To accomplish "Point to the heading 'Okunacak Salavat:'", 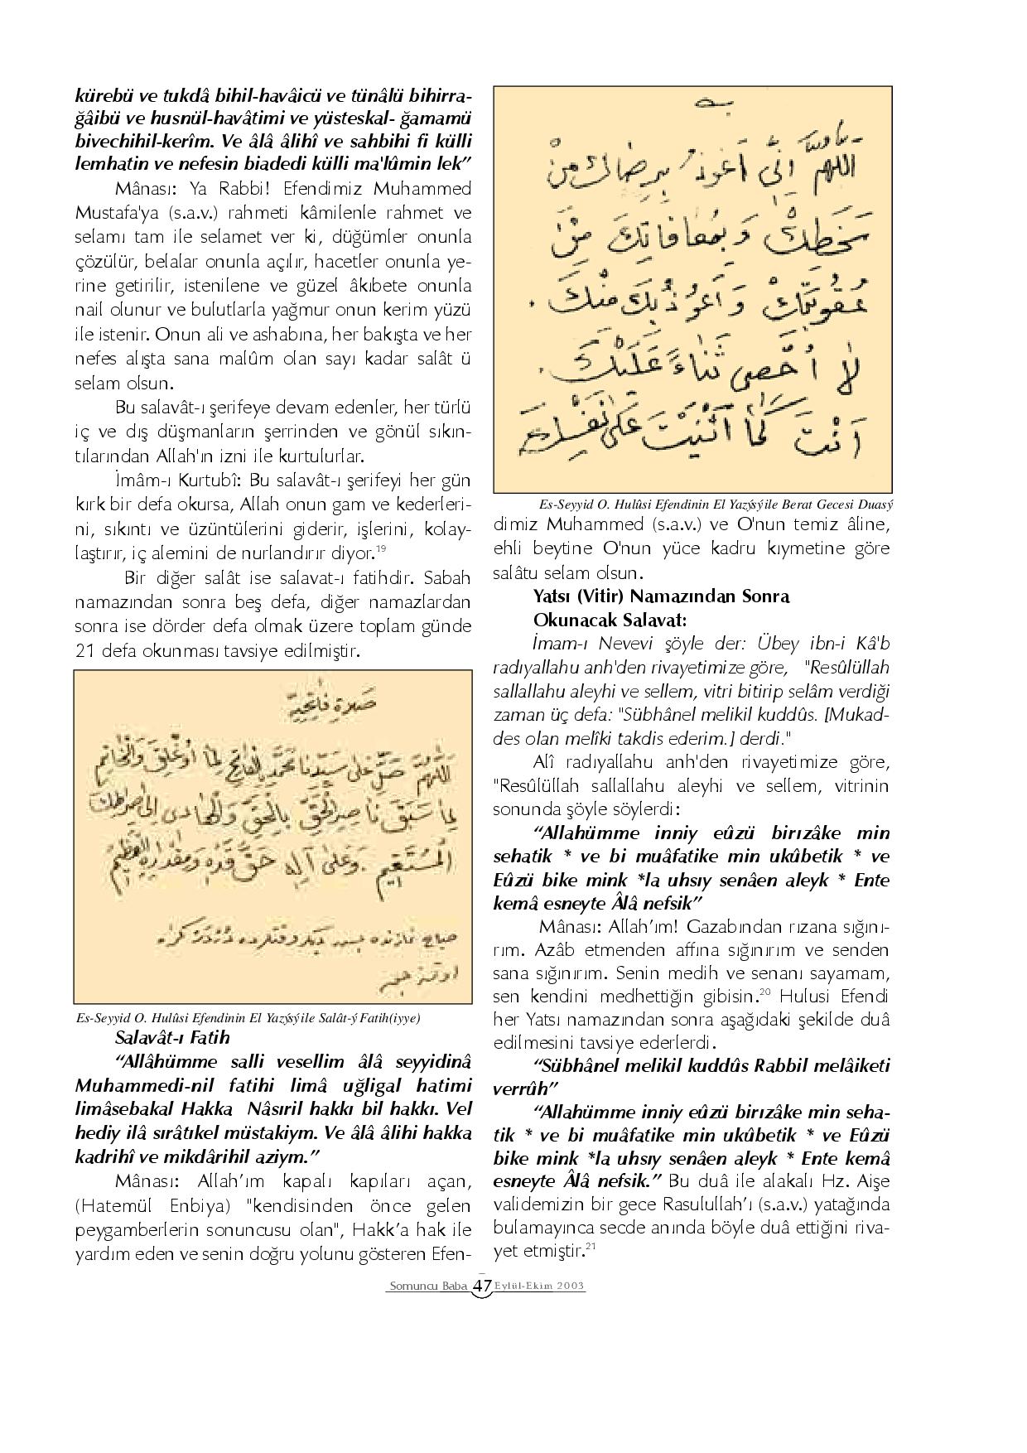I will tap(610, 620).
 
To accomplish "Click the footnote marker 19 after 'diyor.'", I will tap(381, 547).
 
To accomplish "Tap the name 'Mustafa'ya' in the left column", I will tap(117, 212).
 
